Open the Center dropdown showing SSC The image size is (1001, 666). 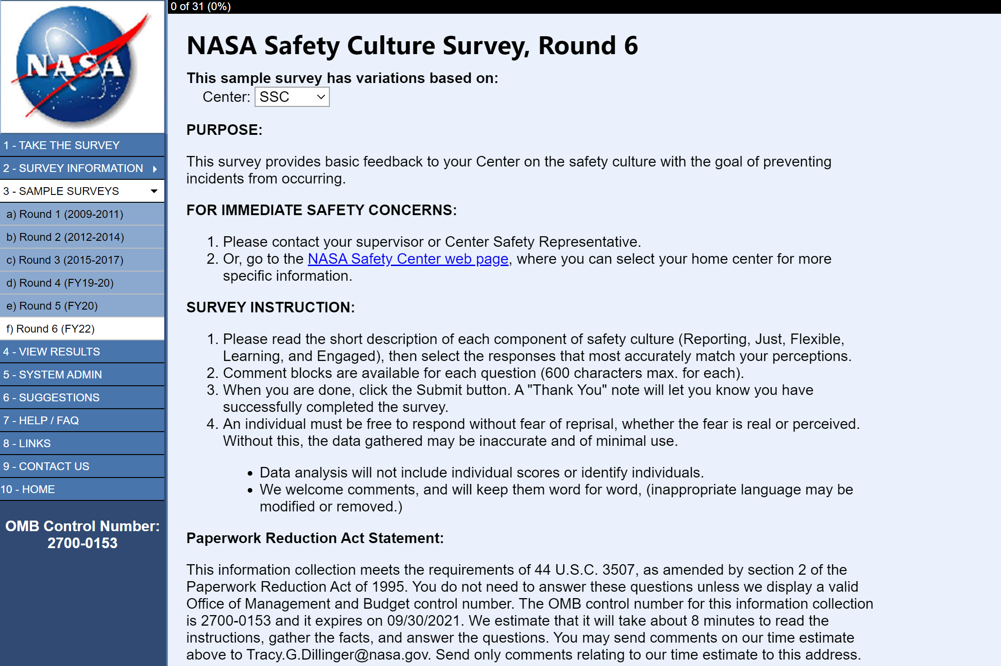(292, 97)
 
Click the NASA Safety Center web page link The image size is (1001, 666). (408, 259)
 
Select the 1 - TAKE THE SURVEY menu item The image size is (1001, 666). (61, 145)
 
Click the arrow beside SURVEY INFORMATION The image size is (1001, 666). (155, 169)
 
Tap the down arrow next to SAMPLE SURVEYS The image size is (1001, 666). (154, 191)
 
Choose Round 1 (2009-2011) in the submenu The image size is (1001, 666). (65, 214)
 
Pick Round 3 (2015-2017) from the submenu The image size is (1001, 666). (65, 260)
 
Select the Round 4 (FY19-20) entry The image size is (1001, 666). (60, 283)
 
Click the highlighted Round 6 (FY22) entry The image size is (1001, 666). (50, 329)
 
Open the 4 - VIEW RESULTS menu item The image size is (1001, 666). (51, 352)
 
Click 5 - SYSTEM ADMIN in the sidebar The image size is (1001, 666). (53, 375)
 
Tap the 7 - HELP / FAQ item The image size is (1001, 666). (41, 421)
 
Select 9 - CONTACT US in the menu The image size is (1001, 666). (46, 466)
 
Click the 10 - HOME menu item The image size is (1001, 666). (28, 489)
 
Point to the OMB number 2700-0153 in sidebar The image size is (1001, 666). (83, 543)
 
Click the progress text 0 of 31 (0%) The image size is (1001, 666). (200, 6)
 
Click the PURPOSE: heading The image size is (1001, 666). (224, 130)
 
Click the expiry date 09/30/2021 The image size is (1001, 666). (423, 621)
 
